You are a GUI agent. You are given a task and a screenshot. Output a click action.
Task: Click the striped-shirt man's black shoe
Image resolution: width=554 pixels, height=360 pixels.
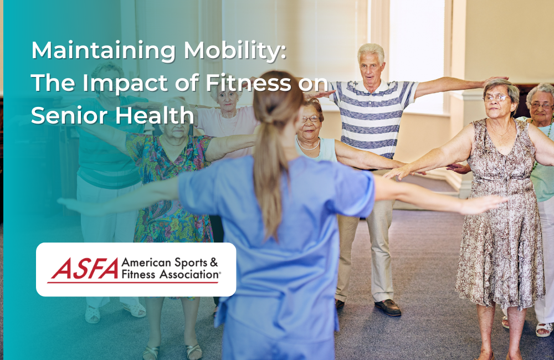[387, 307]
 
